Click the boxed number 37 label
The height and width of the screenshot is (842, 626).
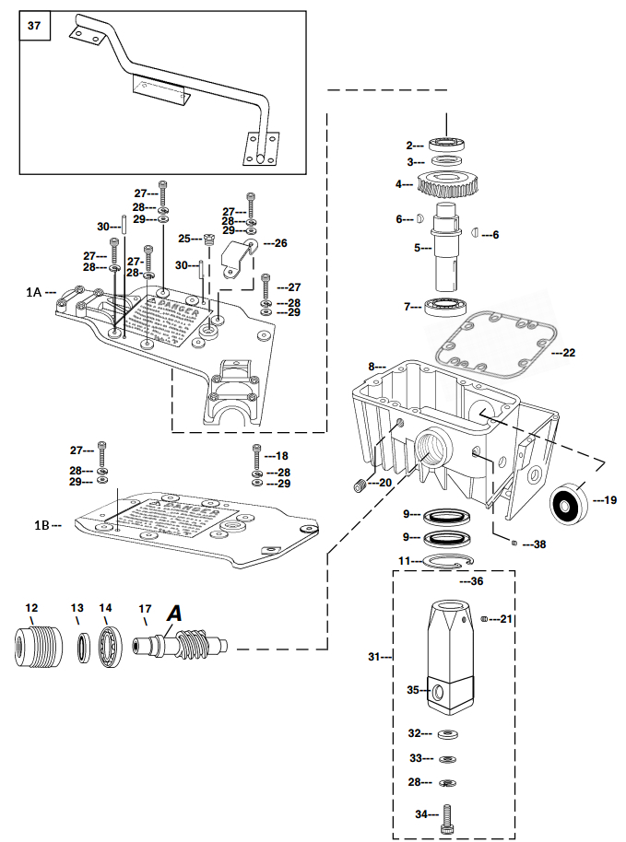pyautogui.click(x=34, y=27)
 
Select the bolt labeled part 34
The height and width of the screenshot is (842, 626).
pyautogui.click(x=448, y=814)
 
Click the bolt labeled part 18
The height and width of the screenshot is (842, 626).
pyautogui.click(x=256, y=455)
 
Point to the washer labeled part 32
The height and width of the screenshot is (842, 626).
pyautogui.click(x=448, y=734)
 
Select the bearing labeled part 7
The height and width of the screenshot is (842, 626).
pyautogui.click(x=450, y=307)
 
